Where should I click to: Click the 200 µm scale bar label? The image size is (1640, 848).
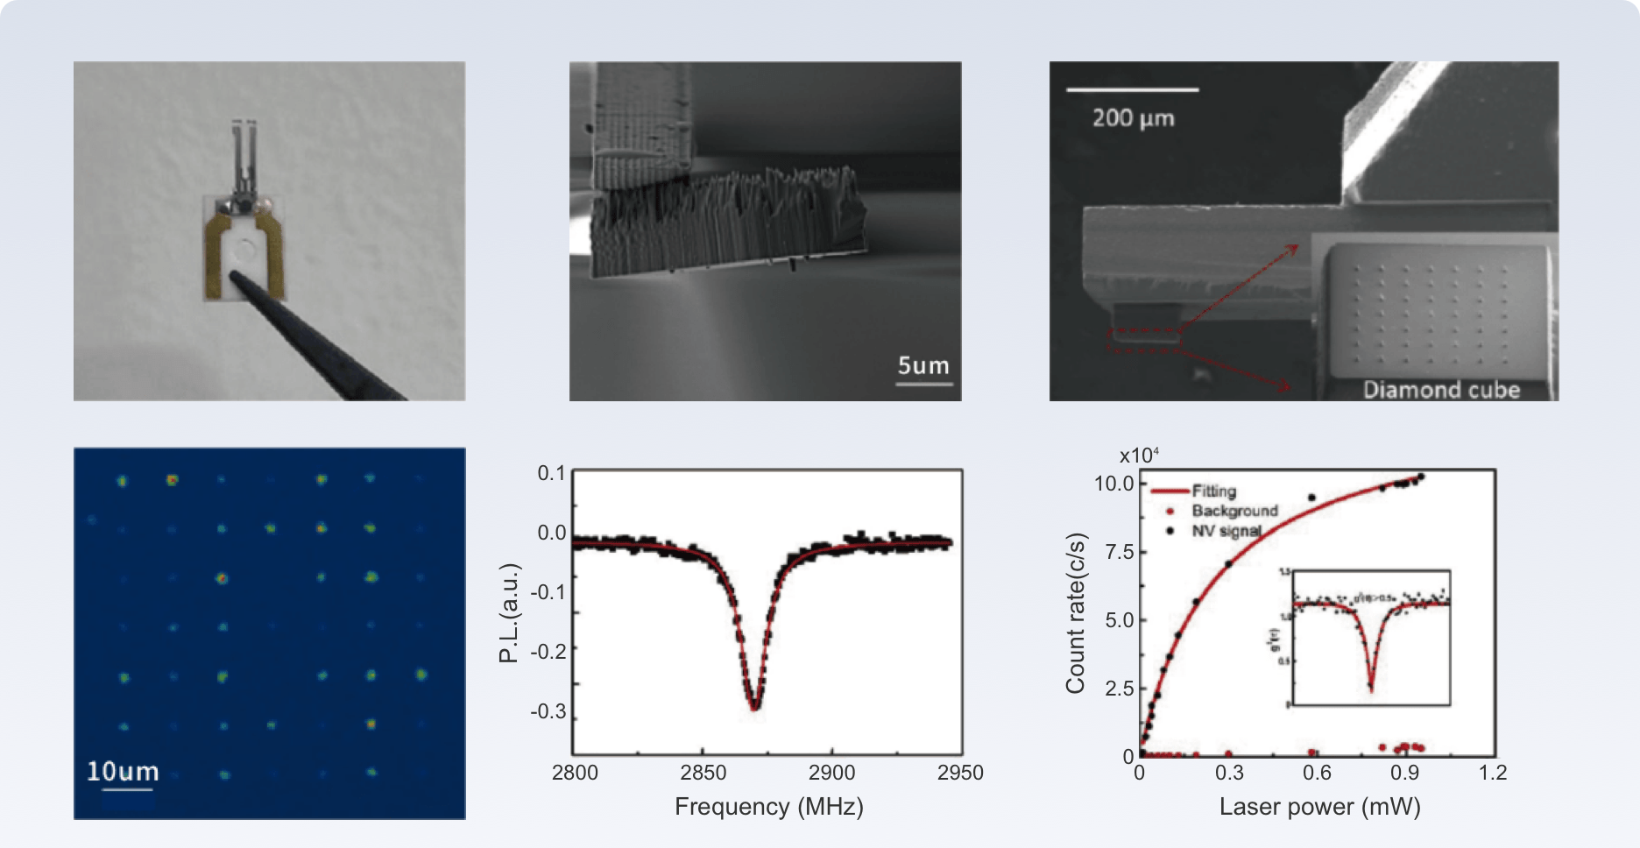[1133, 118]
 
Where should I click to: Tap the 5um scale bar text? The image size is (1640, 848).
[923, 366]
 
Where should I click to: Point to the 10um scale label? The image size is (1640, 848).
[123, 772]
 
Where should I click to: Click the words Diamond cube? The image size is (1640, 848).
[1441, 390]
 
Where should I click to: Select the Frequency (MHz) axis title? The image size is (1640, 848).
[768, 807]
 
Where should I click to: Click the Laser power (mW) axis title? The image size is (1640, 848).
[1319, 807]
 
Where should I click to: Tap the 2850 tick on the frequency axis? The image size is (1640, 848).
[703, 773]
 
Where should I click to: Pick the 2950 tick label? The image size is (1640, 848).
[960, 773]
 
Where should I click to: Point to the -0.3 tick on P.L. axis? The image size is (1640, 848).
[548, 711]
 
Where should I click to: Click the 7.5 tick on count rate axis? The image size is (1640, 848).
[1120, 552]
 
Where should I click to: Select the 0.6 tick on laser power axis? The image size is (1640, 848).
[1317, 773]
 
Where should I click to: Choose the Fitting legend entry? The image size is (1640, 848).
[1213, 491]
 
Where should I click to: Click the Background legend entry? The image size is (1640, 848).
[1234, 511]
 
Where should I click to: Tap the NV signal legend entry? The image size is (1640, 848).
[1226, 531]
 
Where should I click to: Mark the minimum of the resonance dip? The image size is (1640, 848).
[754, 706]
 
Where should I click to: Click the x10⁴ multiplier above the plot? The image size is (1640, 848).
[1139, 456]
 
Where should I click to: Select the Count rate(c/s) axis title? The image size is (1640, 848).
[1075, 613]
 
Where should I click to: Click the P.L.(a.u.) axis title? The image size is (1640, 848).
[509, 613]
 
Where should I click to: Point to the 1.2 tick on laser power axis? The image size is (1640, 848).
[1493, 773]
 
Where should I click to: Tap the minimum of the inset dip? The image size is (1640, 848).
[1371, 689]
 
